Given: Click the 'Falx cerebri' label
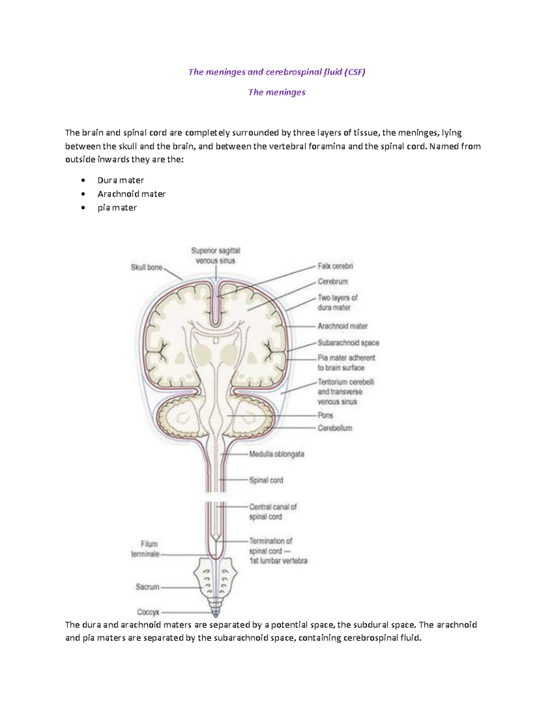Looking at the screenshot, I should coord(335,266).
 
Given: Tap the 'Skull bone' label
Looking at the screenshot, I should coord(146,267).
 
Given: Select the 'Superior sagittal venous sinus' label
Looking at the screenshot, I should coord(216,256).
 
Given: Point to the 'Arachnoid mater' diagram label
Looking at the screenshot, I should coord(342,326).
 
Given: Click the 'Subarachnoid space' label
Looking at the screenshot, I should coord(348,343).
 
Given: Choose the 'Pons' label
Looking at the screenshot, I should coord(325,415).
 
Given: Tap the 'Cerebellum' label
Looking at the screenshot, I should coord(335,428).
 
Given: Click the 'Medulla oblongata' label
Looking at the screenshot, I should coord(277,454).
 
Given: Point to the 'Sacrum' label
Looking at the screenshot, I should coord(147,587).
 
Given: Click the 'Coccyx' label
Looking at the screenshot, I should coord(148,612).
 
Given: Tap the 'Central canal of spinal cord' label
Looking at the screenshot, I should coord(273,512).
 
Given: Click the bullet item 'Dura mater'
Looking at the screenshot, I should coord(120,180).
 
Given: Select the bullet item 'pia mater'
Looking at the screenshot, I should coord(117,208).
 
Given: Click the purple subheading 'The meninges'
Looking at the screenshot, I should coord(277,92).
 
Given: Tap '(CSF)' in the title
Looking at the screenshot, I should coord(355,72).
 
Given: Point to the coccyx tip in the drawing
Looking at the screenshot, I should coord(216,614).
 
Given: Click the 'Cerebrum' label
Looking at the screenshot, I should coord(332,282).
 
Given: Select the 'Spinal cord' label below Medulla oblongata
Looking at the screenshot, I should coord(266,480).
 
